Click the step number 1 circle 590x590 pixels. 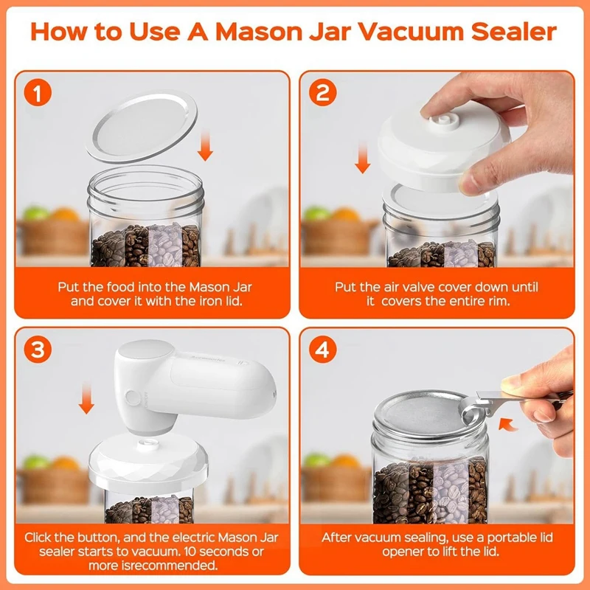(x=38, y=93)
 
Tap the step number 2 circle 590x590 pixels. (x=322, y=93)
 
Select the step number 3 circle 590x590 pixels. (x=38, y=350)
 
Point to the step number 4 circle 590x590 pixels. (x=322, y=350)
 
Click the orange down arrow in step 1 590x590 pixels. (x=205, y=145)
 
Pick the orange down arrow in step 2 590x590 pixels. (x=362, y=158)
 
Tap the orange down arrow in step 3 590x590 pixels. (x=86, y=398)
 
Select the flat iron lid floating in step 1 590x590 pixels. (x=142, y=126)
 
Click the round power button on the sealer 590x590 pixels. (x=133, y=398)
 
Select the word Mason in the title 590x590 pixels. (x=259, y=32)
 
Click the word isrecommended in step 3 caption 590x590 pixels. (x=153, y=565)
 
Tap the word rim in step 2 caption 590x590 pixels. (x=499, y=301)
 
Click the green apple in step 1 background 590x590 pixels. (x=36, y=213)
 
